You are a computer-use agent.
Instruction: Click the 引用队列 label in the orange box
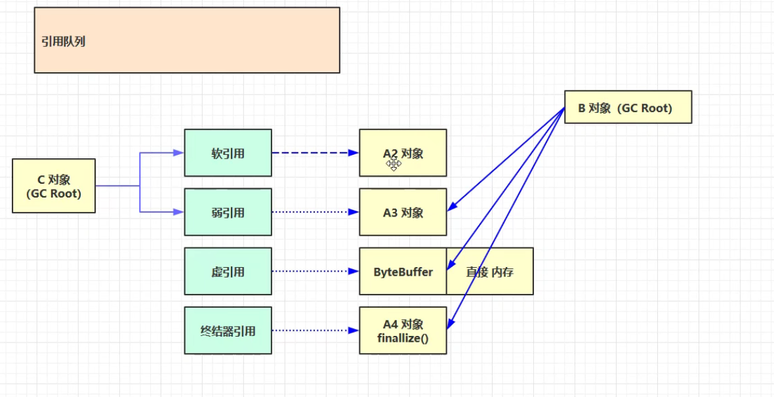click(x=64, y=42)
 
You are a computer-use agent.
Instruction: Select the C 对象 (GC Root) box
click(x=54, y=186)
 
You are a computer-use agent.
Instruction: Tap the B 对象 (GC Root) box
click(x=628, y=108)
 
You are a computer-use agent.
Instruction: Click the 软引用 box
click(x=228, y=153)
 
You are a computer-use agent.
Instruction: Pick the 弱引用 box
click(x=228, y=212)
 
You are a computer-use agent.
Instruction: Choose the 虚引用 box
click(x=228, y=271)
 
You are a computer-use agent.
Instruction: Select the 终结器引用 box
click(x=228, y=331)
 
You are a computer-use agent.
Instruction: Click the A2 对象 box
click(x=403, y=153)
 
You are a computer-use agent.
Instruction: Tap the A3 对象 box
click(x=403, y=212)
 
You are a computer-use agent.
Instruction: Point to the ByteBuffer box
click(x=403, y=271)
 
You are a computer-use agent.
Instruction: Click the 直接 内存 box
click(x=489, y=271)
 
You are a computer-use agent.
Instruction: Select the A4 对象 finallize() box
click(x=403, y=331)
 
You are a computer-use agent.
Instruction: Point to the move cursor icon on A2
click(x=394, y=164)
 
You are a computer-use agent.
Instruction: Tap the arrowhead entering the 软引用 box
click(x=178, y=153)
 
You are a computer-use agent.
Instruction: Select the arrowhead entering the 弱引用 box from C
click(x=178, y=212)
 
